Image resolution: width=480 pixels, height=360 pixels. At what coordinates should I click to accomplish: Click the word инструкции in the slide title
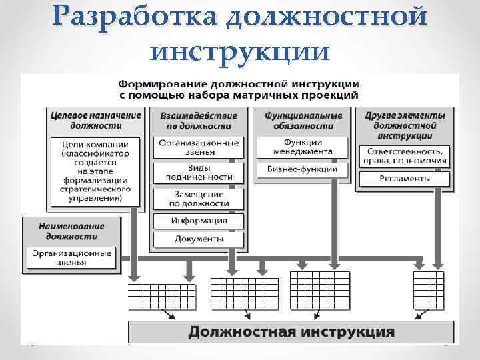pos(240,50)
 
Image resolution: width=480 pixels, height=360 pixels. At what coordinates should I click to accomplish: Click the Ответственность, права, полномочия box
pos(405,155)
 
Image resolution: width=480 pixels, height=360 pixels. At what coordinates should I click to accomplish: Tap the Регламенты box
pos(405,179)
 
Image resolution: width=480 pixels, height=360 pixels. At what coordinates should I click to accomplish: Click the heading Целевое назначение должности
pos(96,120)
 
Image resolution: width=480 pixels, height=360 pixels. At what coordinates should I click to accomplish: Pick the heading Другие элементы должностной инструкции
pos(405,125)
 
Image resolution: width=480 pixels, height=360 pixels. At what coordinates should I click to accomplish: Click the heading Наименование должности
pos(71,231)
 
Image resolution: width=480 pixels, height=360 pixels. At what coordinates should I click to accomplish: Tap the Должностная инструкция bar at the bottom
pos(291,331)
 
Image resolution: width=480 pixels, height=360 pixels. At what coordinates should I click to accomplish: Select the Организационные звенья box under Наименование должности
pos(71,257)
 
